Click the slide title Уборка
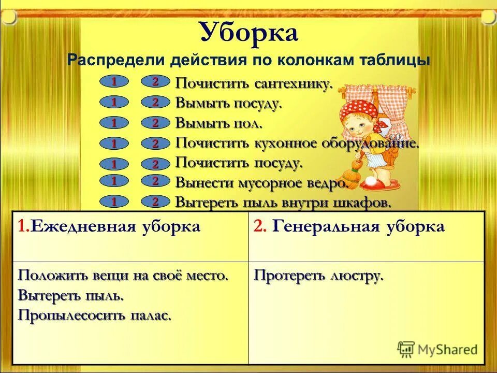248,33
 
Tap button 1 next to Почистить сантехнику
112,82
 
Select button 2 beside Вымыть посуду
155,103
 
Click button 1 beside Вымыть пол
112,123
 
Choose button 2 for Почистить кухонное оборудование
155,144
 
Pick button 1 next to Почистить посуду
112,164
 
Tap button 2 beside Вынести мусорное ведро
155,181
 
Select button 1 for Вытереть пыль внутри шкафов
112,200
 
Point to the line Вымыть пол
218,123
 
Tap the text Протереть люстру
318,276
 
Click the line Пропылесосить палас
94,315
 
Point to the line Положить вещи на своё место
123,276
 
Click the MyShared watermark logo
437,349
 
